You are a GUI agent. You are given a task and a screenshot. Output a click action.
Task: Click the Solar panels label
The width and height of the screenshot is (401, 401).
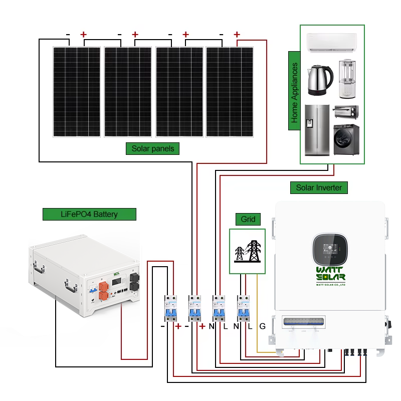click(152, 148)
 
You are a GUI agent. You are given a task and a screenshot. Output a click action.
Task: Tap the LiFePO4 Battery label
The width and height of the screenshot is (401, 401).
click(89, 214)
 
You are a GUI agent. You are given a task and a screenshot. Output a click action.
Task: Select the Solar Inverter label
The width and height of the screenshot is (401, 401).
click(319, 188)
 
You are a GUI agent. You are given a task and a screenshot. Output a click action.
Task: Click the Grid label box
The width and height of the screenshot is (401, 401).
click(248, 219)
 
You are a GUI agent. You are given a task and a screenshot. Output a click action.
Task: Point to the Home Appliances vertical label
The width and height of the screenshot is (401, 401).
click(295, 93)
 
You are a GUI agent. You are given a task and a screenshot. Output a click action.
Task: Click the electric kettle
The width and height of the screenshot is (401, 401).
click(320, 80)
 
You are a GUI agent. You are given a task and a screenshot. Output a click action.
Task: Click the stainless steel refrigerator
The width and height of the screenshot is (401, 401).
click(317, 130)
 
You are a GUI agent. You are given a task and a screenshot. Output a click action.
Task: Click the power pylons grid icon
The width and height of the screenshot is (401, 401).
click(248, 251)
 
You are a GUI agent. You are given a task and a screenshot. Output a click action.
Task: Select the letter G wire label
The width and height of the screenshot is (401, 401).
click(262, 327)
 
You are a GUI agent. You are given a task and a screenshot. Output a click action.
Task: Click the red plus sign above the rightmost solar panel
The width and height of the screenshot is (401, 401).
click(237, 35)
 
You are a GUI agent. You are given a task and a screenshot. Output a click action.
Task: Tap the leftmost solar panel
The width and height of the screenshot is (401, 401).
click(77, 91)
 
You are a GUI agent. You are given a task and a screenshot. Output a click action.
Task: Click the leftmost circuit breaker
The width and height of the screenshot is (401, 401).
click(170, 307)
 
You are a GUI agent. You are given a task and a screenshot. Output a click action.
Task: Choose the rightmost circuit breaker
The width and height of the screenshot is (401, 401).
click(243, 307)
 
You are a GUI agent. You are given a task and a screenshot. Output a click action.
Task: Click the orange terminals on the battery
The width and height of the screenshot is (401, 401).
click(104, 291)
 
